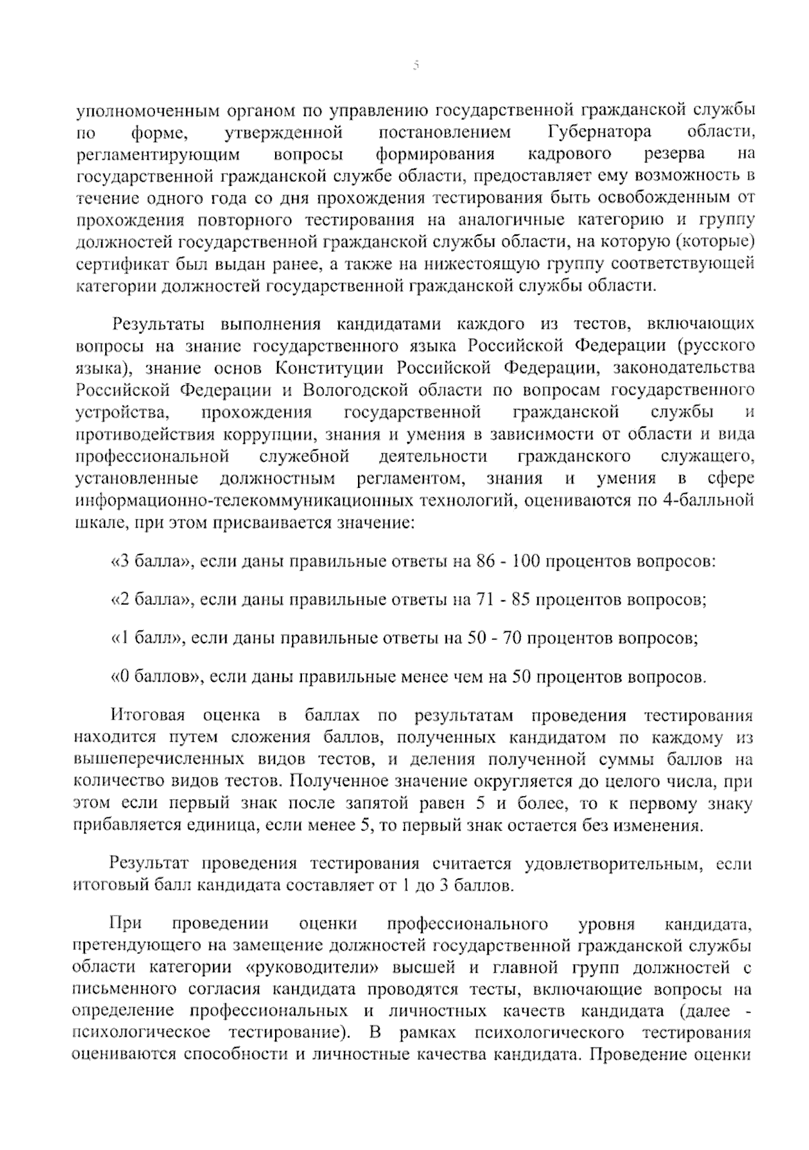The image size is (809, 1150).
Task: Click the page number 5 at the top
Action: coord(415,66)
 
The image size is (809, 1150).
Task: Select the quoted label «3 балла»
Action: coord(148,561)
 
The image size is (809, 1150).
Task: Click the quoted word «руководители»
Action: coord(308,969)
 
